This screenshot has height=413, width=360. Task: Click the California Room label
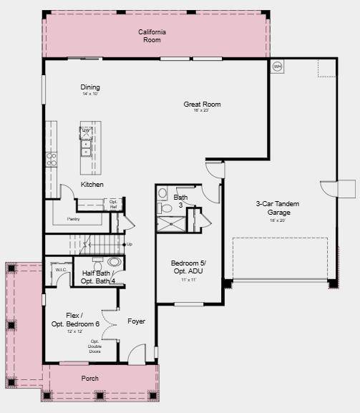pyautogui.click(x=152, y=36)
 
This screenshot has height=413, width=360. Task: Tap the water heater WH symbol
pyautogui.click(x=277, y=67)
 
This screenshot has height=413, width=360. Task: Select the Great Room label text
pyautogui.click(x=202, y=105)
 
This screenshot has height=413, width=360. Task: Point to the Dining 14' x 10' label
pyautogui.click(x=90, y=89)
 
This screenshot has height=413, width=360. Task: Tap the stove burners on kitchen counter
pyautogui.click(x=52, y=159)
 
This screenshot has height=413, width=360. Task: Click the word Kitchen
pyautogui.click(x=92, y=185)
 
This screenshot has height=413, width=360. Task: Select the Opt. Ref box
pyautogui.click(x=112, y=204)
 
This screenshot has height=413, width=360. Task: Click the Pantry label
pyautogui.click(x=73, y=219)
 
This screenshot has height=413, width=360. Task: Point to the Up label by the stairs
pyautogui.click(x=130, y=245)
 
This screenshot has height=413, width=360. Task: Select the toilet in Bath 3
pyautogui.click(x=165, y=208)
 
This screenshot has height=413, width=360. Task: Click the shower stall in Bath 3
pyautogui.click(x=171, y=224)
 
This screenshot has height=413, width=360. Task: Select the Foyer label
pyautogui.click(x=136, y=321)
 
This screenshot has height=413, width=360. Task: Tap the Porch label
pyautogui.click(x=90, y=378)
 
